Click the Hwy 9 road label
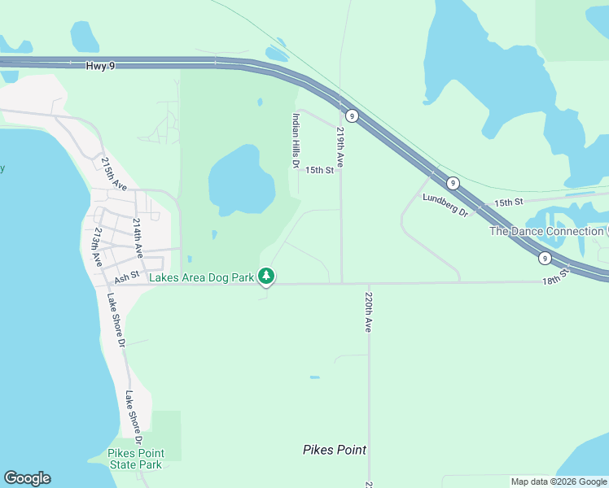[x=99, y=64]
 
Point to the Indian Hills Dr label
[x=296, y=141]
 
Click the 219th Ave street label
[x=340, y=147]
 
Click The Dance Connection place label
[x=546, y=231]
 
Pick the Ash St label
[x=127, y=278]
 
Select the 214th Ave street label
[x=138, y=238]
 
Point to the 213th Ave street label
[x=97, y=247]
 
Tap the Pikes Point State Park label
[x=135, y=459]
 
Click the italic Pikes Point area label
[x=334, y=450]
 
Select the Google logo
[x=27, y=478]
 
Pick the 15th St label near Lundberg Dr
[x=506, y=202]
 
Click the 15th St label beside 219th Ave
[x=319, y=170]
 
